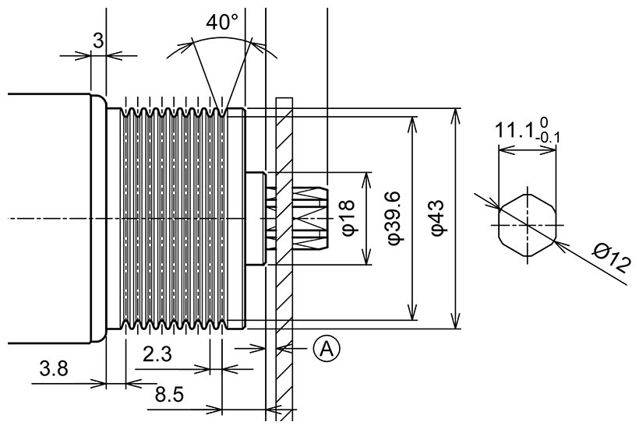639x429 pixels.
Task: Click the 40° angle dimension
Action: tap(222, 23)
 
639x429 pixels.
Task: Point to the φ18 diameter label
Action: tap(348, 218)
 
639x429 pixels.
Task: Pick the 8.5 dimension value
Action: tap(168, 394)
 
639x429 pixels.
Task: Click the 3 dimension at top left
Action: tap(98, 41)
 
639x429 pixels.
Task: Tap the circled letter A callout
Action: tap(327, 349)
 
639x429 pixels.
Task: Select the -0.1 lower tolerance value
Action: tap(548, 139)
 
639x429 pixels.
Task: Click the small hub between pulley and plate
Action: tap(255, 219)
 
